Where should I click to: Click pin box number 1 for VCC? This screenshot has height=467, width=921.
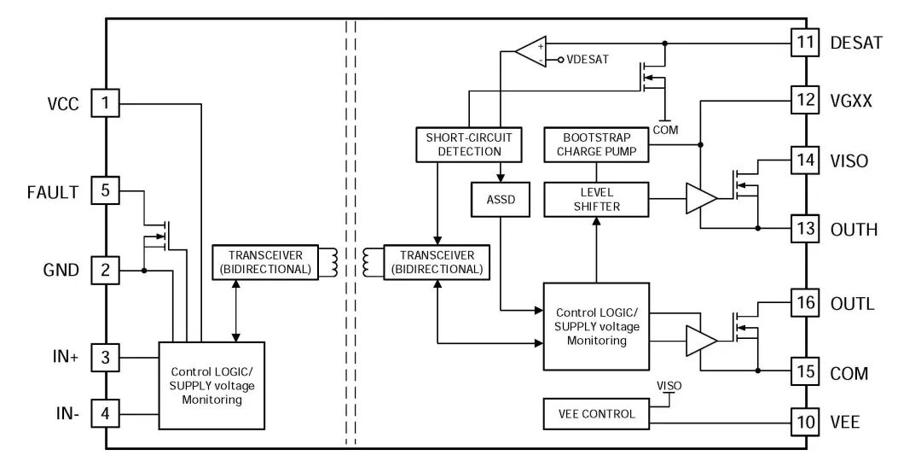point(105,104)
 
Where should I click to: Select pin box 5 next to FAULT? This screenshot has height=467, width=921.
point(105,190)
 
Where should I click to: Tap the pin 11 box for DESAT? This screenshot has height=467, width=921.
point(806,42)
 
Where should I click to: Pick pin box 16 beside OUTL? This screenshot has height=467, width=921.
point(806,303)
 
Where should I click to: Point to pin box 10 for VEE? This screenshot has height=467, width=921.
point(806,422)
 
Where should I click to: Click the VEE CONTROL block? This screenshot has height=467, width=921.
point(596,414)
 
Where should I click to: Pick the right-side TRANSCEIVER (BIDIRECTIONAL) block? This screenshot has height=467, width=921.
point(436,262)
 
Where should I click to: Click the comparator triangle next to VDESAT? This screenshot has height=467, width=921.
point(531,52)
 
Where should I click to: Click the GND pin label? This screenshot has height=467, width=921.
point(61,271)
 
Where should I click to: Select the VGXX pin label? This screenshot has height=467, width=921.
point(850,101)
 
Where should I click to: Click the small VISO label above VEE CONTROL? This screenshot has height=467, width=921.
point(669,386)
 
